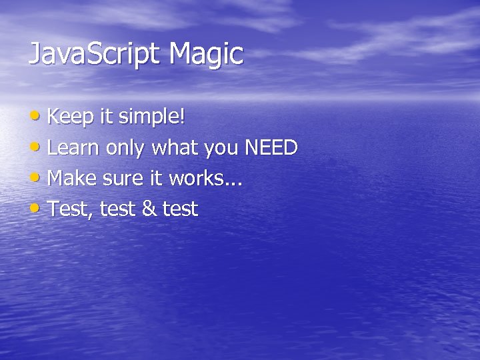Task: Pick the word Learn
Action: (x=75, y=148)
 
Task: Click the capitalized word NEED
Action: (x=271, y=148)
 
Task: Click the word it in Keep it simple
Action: (x=106, y=117)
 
